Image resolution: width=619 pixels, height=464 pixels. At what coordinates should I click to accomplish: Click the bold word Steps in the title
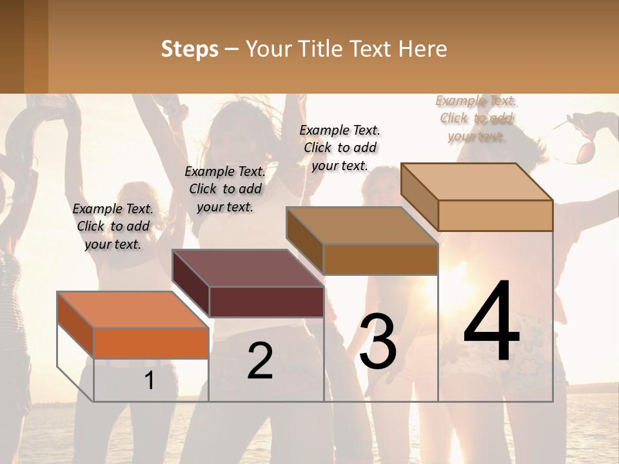190,49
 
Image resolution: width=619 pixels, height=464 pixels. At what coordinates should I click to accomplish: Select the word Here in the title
423,49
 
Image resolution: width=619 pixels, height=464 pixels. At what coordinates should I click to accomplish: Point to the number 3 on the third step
378,342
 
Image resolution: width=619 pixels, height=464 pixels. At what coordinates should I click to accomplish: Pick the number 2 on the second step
260,361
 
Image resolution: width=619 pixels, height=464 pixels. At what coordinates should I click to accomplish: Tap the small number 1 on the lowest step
150,380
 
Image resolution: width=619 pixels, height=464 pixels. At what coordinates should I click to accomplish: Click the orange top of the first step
132,309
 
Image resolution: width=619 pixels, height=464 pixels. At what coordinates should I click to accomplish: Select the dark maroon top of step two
247,267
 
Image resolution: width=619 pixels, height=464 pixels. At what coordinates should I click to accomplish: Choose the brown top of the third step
361,225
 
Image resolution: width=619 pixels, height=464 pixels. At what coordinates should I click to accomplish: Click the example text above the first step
113,226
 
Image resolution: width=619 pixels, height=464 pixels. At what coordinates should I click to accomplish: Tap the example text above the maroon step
225,189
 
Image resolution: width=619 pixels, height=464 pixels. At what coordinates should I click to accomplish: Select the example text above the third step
340,148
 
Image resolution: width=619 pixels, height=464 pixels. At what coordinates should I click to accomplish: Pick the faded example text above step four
476,118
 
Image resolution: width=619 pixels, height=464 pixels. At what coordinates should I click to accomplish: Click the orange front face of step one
151,343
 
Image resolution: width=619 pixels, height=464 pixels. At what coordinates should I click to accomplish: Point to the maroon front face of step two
266,302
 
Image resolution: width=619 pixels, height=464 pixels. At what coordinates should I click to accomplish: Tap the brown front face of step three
380,259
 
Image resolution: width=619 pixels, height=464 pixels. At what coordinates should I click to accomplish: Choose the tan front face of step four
495,215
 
